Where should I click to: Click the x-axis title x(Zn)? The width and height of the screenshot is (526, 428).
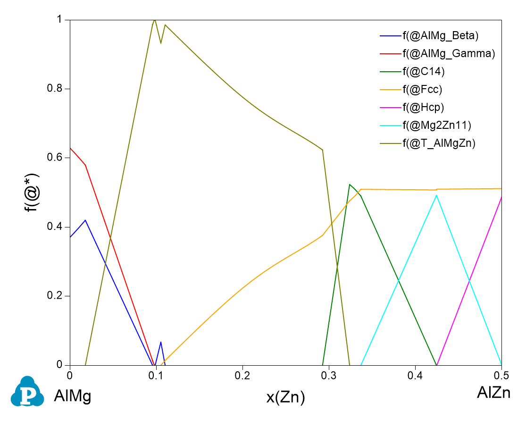(x=286, y=398)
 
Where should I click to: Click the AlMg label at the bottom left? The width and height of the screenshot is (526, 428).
(x=72, y=397)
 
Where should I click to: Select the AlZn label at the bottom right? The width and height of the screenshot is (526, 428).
(x=493, y=393)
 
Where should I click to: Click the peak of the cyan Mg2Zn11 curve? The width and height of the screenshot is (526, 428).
(x=437, y=195)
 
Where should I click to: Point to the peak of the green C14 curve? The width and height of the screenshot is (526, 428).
(x=350, y=185)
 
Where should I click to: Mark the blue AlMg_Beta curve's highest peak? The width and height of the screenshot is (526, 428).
(x=85, y=220)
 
